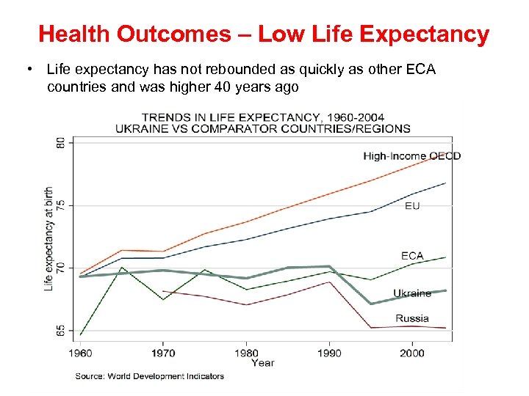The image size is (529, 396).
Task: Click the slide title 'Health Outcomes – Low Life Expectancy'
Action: (x=264, y=34)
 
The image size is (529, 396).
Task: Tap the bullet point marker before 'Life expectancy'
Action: (x=27, y=70)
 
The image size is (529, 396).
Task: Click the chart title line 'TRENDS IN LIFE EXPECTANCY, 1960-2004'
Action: (x=262, y=117)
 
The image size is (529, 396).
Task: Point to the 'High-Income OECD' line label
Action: (x=411, y=155)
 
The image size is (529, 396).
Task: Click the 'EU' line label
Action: (x=412, y=206)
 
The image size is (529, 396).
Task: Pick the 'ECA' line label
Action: (x=412, y=256)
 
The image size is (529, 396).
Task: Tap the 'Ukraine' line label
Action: (x=412, y=293)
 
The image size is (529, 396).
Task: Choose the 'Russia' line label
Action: (x=412, y=318)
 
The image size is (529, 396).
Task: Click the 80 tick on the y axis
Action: (x=60, y=142)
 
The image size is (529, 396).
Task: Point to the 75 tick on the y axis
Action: (x=60, y=205)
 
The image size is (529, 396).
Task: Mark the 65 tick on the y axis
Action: (x=60, y=331)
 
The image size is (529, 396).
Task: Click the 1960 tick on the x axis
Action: (x=81, y=353)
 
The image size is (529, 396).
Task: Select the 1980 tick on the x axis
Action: (x=247, y=353)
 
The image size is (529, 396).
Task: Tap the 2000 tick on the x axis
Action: (x=412, y=353)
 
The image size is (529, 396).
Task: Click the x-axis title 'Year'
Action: (x=262, y=363)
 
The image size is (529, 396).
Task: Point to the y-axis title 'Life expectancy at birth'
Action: (x=48, y=238)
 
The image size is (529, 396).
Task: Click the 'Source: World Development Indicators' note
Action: (x=150, y=376)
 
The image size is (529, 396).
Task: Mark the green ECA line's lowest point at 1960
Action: (x=81, y=334)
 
